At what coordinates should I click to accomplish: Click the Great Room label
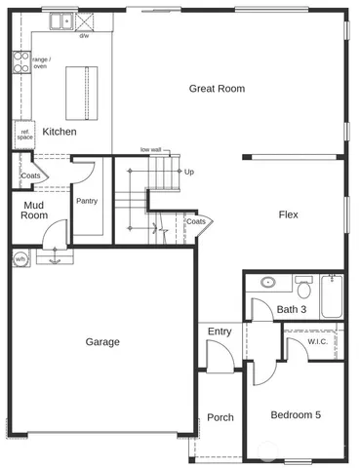217,89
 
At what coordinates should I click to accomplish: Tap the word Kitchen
60,131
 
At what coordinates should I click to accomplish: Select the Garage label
102,342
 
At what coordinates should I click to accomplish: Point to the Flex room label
288,214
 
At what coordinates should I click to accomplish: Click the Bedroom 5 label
296,415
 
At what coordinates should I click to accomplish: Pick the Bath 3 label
291,310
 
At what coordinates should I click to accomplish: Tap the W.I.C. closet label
317,341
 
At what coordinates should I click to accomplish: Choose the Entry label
220,331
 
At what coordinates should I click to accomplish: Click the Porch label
220,417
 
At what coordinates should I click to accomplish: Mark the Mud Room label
34,211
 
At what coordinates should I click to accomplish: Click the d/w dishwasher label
84,36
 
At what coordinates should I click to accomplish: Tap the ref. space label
24,135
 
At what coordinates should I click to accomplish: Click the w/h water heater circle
20,258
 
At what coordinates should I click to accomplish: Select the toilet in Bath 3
302,289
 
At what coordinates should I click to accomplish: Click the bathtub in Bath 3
333,296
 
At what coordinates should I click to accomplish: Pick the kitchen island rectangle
83,93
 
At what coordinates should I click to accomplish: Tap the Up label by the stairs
188,172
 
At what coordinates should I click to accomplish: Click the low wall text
150,150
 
